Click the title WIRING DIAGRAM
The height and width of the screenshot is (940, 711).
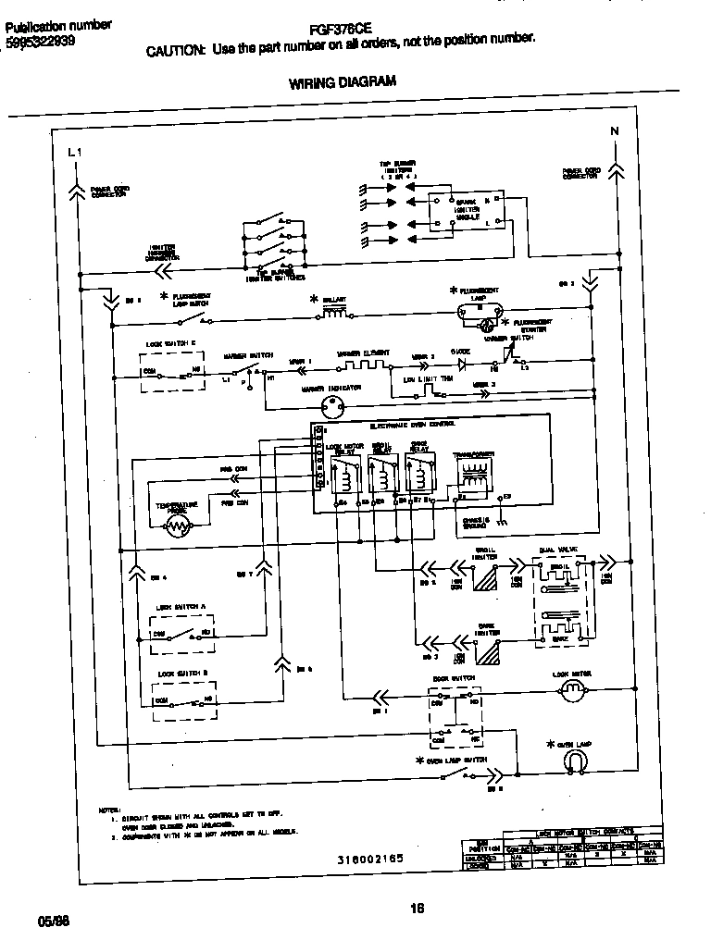coord(343,82)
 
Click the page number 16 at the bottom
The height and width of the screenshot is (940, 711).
coord(416,908)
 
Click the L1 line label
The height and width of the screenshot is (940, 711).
coord(74,152)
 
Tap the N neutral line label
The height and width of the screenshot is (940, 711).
coord(614,131)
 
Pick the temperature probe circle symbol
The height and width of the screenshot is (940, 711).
coord(177,527)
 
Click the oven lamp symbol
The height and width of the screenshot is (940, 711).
coord(577,761)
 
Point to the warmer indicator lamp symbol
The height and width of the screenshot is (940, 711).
coord(331,405)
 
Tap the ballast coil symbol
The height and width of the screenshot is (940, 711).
coord(333,315)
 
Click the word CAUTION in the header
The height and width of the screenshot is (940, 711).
coord(175,52)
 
